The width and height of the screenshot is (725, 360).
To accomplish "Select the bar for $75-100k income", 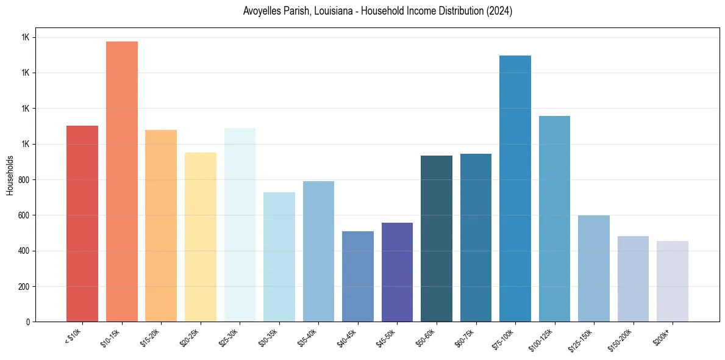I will point(515,189).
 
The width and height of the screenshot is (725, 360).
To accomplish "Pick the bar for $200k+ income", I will point(673,281).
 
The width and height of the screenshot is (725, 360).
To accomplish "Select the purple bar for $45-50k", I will point(397,272).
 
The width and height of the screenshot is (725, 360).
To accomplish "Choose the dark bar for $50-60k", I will point(437,239).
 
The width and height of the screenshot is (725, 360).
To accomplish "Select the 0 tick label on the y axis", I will point(28,322).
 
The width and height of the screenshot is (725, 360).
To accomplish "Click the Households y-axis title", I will point(10,175).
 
